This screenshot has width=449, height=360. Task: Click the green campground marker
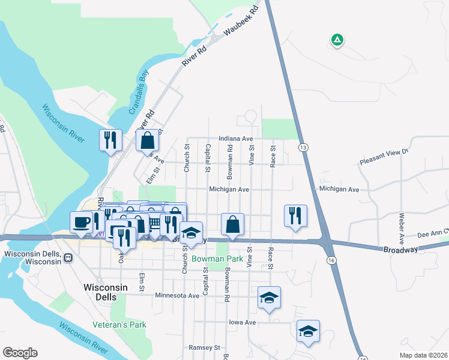(337, 40)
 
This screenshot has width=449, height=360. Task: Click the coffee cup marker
(82, 223)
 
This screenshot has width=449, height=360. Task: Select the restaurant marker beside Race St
(295, 215)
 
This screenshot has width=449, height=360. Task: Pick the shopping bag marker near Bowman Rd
(232, 224)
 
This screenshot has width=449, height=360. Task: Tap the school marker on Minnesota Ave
(269, 298)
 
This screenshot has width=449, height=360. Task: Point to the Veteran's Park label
(119, 325)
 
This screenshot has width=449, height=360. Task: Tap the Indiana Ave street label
(236, 138)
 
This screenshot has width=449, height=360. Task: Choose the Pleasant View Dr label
(384, 158)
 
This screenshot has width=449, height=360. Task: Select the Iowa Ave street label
(242, 322)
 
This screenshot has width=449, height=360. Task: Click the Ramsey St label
(205, 347)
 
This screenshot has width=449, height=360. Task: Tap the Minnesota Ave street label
(176, 296)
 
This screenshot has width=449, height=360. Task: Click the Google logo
(20, 353)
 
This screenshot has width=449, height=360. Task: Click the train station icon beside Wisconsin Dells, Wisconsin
(68, 258)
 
